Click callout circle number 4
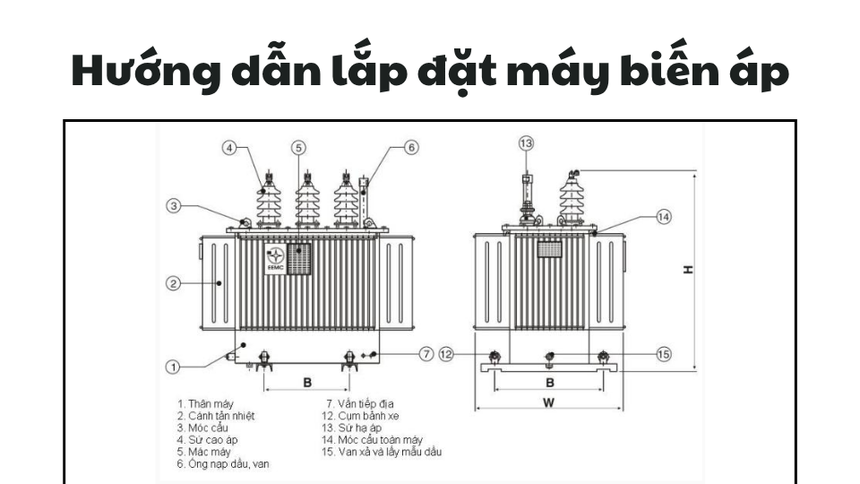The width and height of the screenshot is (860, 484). click(230, 147)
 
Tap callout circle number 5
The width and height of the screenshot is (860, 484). click(299, 147)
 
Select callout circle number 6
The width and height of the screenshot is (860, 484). click(410, 147)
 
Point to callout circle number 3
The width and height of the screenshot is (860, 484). click(175, 206)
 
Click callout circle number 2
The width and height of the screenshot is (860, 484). click(175, 284)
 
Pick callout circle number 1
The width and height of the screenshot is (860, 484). click(175, 366)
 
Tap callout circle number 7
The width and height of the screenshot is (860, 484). click(426, 353)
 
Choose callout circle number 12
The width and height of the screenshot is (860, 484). click(447, 354)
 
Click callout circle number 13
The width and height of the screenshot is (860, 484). click(526, 143)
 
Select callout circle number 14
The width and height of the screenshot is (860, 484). click(663, 216)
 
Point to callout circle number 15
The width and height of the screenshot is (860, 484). click(663, 354)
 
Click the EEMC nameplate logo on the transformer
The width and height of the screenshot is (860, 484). click(275, 257)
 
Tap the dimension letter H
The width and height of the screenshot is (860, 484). click(688, 269)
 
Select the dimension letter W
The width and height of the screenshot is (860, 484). click(548, 403)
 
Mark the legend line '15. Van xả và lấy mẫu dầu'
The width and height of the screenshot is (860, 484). click(381, 452)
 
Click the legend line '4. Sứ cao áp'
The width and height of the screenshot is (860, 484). click(207, 440)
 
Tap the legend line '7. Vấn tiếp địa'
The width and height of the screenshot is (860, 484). click(359, 403)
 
